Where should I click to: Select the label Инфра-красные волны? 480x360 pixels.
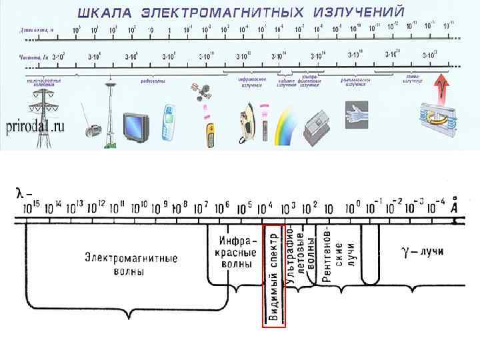[x=236, y=251]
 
